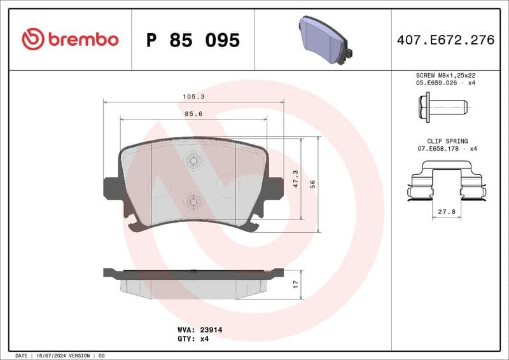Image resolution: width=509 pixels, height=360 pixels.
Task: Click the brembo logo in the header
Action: click(70, 39)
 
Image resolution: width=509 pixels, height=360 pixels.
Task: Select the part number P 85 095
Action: click(193, 40)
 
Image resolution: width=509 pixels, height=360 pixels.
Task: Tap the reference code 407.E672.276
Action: click(445, 40)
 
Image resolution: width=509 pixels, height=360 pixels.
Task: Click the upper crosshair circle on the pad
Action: click(193, 161)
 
